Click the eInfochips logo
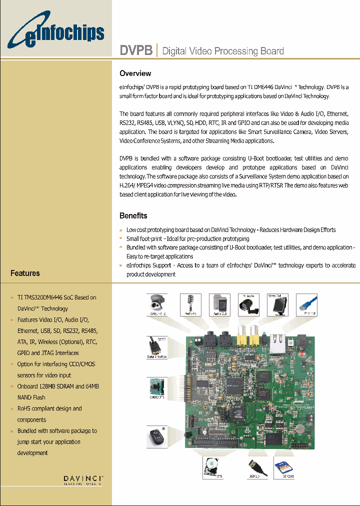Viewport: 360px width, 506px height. coord(55,33)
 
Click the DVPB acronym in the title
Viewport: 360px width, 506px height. coord(136,51)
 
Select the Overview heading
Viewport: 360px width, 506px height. coord(135,73)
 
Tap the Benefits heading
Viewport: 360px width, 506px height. coord(133,216)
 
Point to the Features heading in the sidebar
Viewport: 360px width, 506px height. coord(25,273)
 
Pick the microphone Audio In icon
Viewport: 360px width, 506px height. coord(190,304)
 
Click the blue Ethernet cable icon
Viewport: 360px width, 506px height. coord(306,304)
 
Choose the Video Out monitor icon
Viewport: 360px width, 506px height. coord(277,304)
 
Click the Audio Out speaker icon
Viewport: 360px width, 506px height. coord(219,304)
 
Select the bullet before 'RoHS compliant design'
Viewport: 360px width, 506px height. coord(12,409)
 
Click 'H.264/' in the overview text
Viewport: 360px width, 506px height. coord(128,185)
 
